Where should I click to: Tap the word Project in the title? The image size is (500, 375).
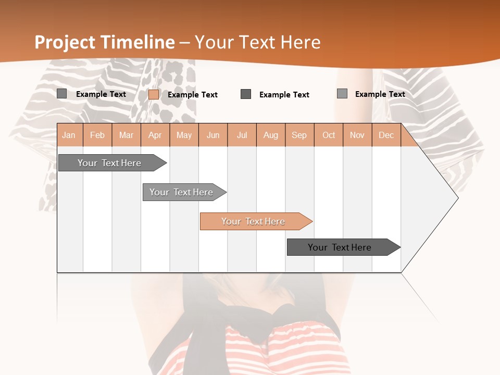(x=65, y=42)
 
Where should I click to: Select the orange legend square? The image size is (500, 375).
(x=154, y=94)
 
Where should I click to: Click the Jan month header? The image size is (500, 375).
(x=69, y=135)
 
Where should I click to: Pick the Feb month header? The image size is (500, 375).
(x=97, y=135)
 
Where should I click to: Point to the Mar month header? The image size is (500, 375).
(x=126, y=135)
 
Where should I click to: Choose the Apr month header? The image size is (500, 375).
(x=155, y=135)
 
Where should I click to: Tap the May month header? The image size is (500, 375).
(x=184, y=135)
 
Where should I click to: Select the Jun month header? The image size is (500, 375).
(x=213, y=135)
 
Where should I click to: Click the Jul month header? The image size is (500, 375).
(x=242, y=135)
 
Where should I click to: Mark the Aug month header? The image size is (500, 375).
(x=271, y=135)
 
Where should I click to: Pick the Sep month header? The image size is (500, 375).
(x=299, y=135)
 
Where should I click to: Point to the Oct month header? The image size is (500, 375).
(x=329, y=135)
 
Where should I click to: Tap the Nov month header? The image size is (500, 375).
(x=357, y=135)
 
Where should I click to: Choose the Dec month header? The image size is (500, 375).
(x=386, y=135)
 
